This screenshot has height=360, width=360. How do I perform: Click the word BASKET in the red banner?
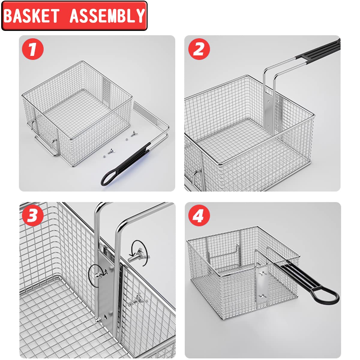(x=31, y=16)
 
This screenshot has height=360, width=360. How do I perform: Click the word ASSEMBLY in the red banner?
(x=107, y=16)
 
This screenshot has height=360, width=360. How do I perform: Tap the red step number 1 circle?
(x=33, y=49)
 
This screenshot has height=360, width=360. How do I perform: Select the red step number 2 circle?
(x=199, y=49)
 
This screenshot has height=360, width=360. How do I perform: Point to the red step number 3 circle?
(x=33, y=215)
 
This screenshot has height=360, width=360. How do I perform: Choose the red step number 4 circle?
(x=199, y=215)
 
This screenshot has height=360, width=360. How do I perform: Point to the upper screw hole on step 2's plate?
(x=268, y=102)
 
